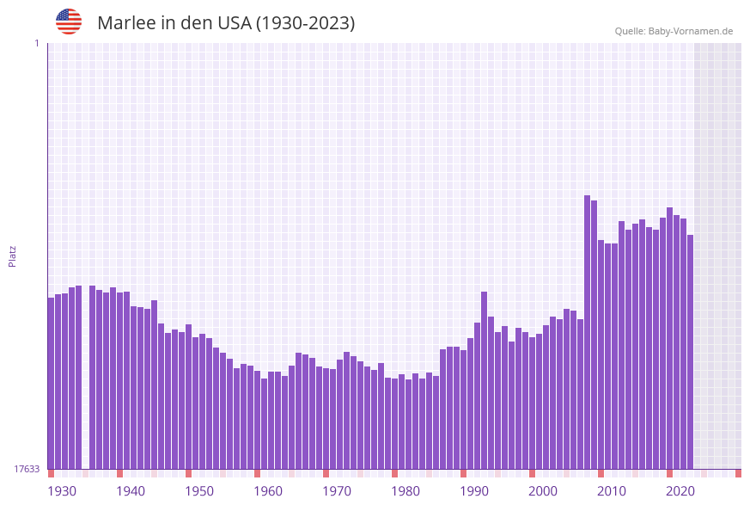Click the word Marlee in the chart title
tap(125, 23)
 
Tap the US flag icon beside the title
tap(69, 22)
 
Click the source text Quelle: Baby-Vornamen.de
tap(674, 31)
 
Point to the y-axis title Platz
tap(13, 256)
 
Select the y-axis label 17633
tap(27, 469)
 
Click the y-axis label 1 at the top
tap(37, 43)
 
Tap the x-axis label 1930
tap(62, 491)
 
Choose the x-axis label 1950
tap(199, 491)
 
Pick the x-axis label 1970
tap(337, 491)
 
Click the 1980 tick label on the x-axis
tap(405, 491)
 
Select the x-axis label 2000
tap(543, 491)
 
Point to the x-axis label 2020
tap(680, 491)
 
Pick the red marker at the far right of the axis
tap(738, 473)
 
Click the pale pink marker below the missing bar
tap(86, 473)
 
